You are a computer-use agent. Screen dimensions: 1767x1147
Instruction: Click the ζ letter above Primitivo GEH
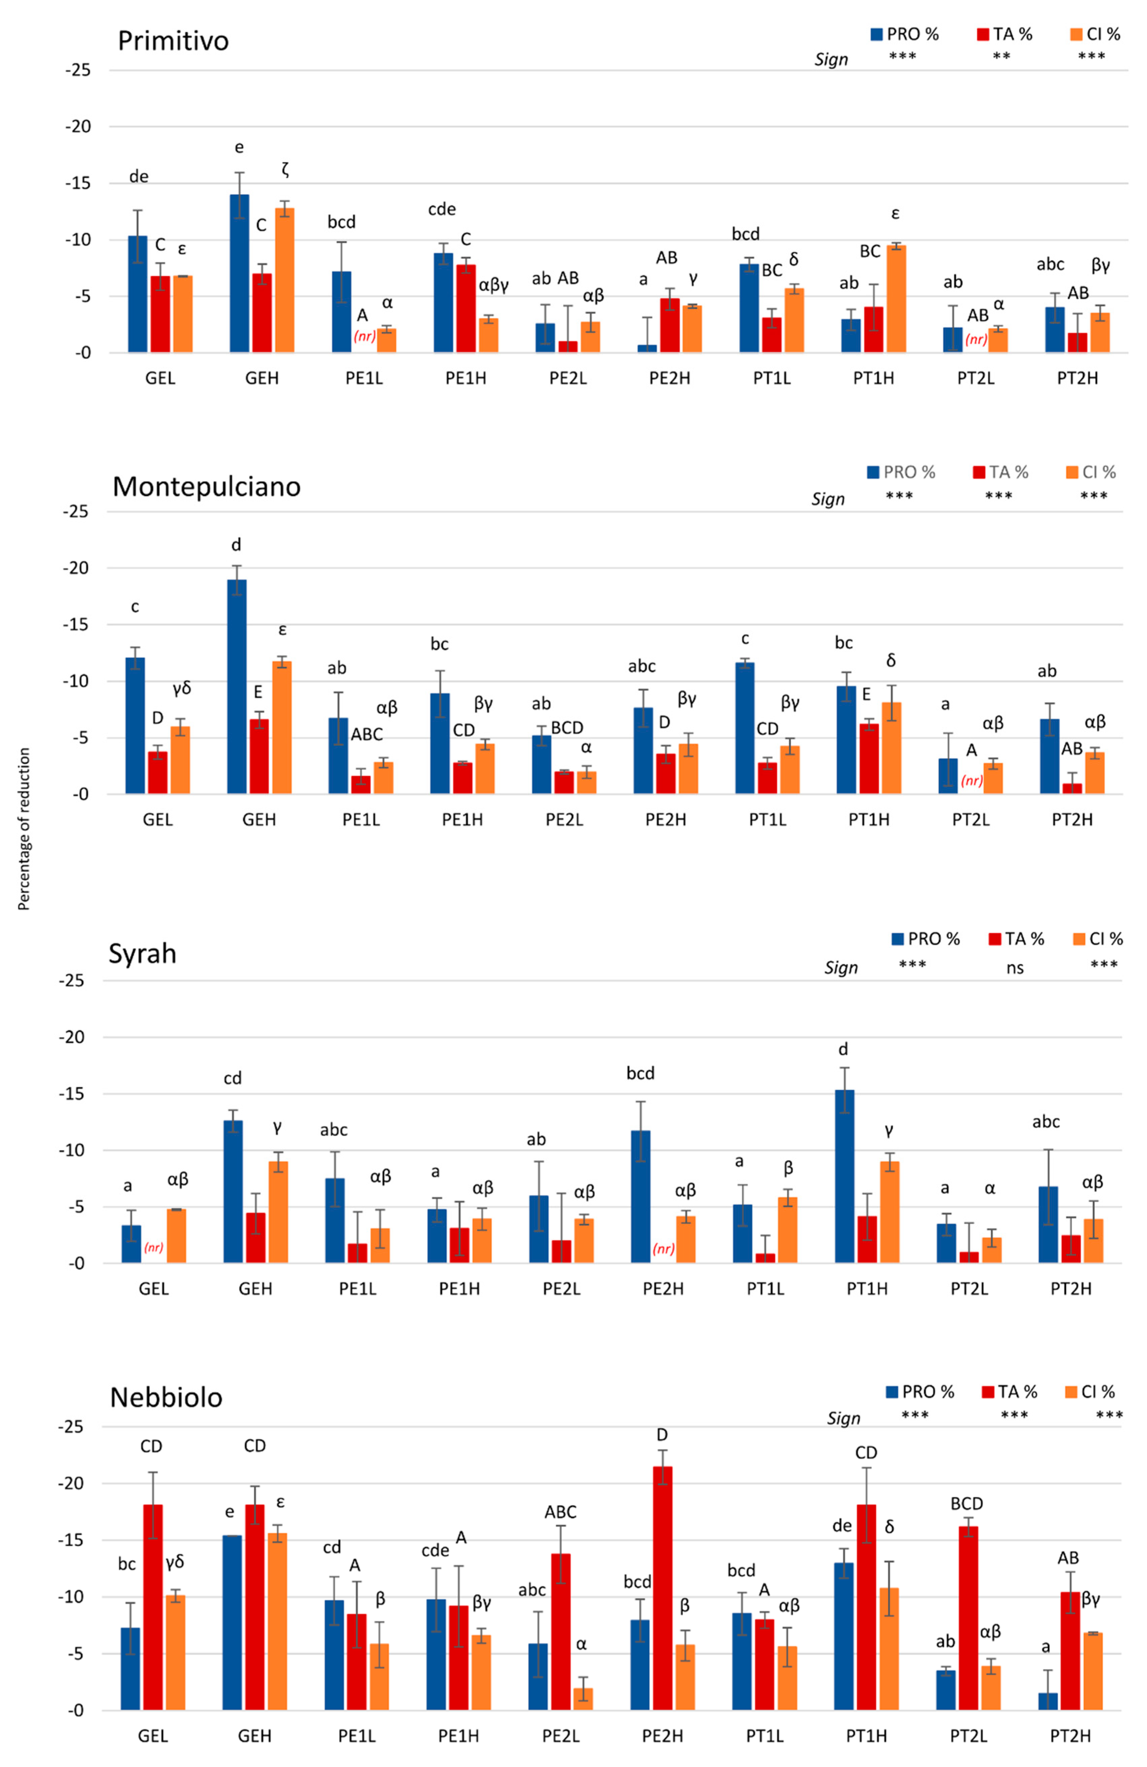pyautogui.click(x=285, y=170)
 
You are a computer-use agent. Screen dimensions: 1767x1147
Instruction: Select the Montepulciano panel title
pyautogui.click(x=206, y=486)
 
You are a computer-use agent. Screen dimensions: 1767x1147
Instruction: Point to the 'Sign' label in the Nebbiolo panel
pyautogui.click(x=843, y=1418)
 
